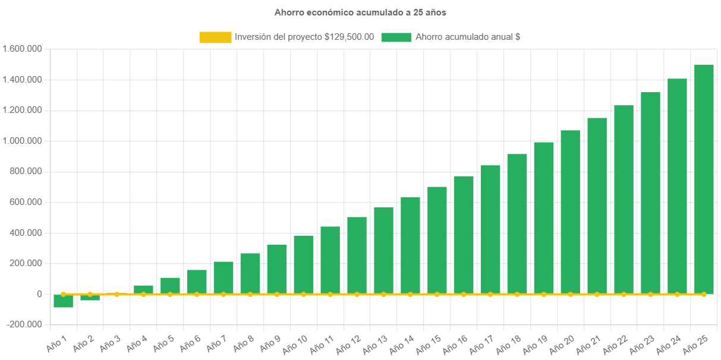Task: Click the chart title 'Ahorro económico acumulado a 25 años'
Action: (360, 12)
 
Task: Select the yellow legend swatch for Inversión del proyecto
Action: (215, 37)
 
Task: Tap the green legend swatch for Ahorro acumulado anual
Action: (395, 37)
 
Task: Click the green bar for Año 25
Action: (704, 178)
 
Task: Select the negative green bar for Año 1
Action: (63, 301)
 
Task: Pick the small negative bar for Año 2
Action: (90, 297)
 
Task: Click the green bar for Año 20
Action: (571, 211)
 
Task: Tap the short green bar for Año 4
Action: (143, 289)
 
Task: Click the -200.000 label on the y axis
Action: (24, 324)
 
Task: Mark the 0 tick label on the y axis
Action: (39, 294)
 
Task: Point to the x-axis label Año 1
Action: (57, 343)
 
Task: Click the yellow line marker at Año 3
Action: (117, 294)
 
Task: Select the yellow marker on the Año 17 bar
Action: (490, 294)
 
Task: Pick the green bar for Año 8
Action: (250, 273)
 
